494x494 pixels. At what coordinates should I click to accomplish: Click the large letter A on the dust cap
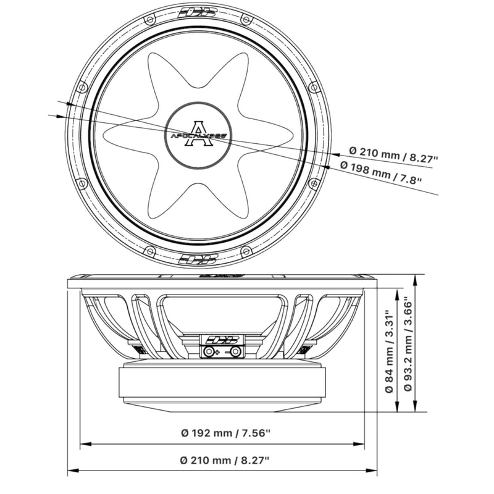(x=199, y=133)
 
